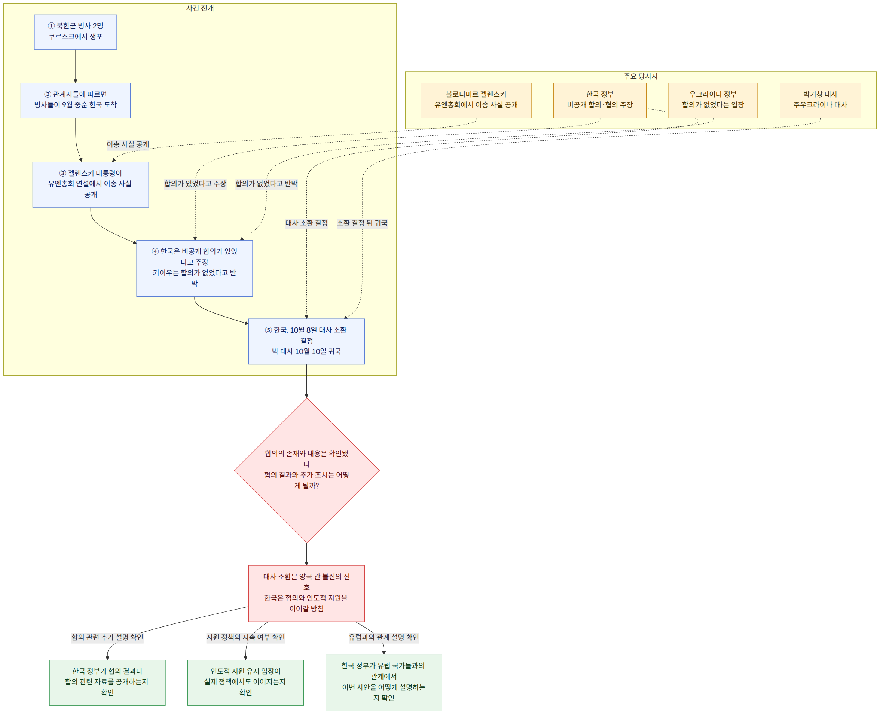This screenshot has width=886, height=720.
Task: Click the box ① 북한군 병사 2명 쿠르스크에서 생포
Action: point(76,32)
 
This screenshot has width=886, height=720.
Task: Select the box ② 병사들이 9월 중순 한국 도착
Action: point(76,100)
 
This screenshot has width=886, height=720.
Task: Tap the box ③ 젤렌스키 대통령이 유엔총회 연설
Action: point(91,184)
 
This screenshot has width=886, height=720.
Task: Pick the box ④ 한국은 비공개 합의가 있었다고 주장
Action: point(195,268)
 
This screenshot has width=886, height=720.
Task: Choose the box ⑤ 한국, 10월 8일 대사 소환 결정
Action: point(306,341)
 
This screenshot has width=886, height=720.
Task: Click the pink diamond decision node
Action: point(306,470)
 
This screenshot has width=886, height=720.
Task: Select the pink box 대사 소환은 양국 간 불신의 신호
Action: point(306,593)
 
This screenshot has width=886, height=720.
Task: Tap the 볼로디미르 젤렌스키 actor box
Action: point(476,100)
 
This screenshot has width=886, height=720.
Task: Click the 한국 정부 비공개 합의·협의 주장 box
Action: point(599,100)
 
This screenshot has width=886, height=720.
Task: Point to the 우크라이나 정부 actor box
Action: point(713,100)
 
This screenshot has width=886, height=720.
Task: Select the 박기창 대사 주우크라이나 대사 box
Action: point(820,100)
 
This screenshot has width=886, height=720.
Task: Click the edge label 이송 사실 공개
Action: point(128,144)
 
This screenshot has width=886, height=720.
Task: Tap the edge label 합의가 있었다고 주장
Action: point(195,184)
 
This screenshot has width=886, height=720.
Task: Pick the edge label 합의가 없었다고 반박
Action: point(266,184)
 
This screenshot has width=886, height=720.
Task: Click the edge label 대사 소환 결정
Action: point(306,223)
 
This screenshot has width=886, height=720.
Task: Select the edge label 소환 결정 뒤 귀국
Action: point(362,223)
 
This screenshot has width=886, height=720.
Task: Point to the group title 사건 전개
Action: point(200,8)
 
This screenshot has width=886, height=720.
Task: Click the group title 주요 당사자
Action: point(641,76)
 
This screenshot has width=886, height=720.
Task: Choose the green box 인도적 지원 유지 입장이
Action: point(245,682)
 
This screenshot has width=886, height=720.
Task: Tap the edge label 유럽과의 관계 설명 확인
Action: point(384,637)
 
